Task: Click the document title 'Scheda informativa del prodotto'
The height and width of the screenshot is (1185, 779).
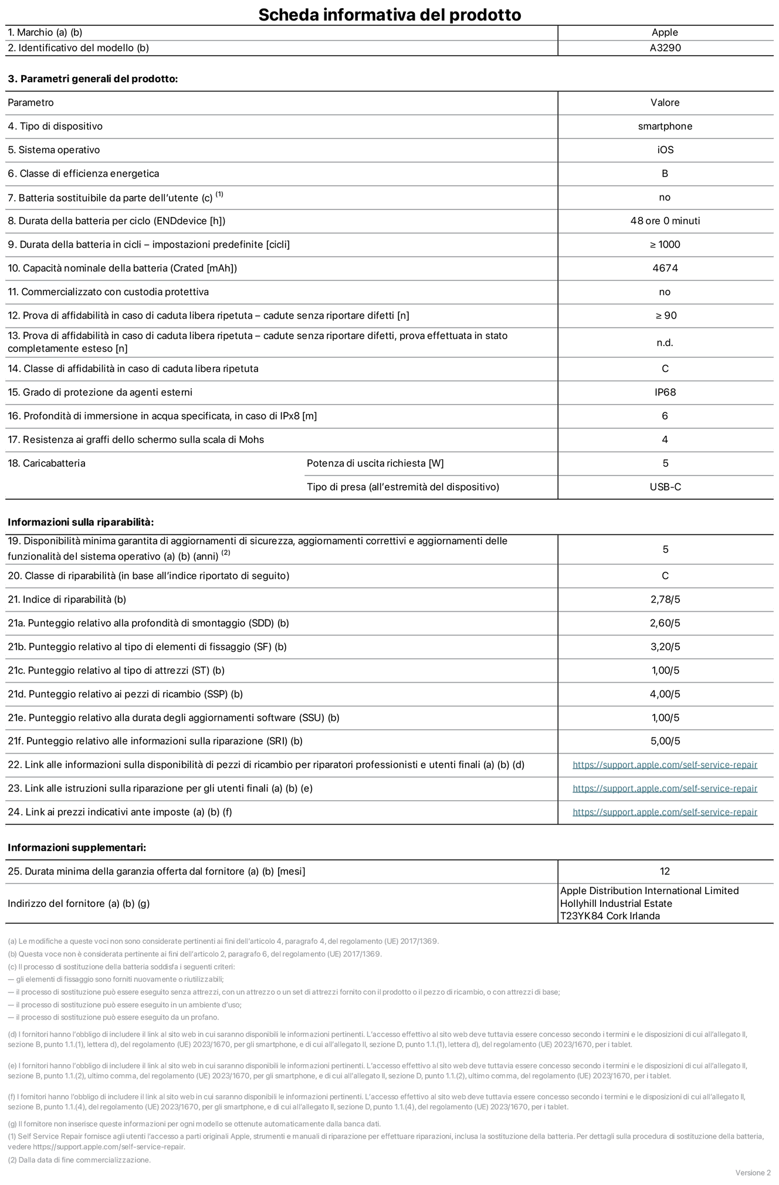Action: point(389,14)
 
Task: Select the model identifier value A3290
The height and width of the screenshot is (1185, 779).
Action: point(665,48)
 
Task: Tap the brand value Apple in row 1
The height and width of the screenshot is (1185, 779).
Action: point(665,32)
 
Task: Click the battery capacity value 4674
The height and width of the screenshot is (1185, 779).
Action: point(665,268)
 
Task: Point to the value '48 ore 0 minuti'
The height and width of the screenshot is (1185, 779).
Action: point(665,221)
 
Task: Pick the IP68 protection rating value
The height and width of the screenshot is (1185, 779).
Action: point(665,392)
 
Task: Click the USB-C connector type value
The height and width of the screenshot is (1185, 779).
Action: point(665,487)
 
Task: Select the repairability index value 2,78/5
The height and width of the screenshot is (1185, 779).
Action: point(665,600)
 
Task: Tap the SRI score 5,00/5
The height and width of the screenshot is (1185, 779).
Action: point(665,741)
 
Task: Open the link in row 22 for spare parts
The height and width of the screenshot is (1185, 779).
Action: point(665,765)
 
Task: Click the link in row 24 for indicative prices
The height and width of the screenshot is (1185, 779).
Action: point(665,812)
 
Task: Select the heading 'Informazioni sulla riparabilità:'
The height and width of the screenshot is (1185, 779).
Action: point(80,522)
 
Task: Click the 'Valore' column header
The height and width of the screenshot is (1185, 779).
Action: point(665,103)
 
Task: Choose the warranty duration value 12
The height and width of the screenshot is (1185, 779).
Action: point(665,871)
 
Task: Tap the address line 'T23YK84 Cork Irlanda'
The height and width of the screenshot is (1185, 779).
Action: point(609,916)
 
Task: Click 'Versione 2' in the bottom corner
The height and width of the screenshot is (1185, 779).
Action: point(753,1173)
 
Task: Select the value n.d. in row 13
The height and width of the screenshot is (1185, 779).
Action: point(665,343)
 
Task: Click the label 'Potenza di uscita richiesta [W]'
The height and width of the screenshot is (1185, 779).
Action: point(375,463)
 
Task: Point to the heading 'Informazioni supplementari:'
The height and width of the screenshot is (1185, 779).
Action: point(77,848)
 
